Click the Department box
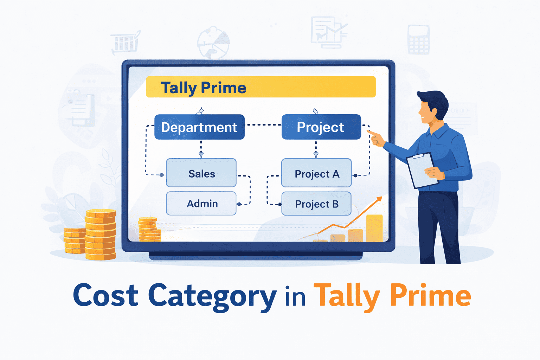[x=199, y=127]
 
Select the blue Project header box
[x=321, y=127]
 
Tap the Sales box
[x=201, y=173]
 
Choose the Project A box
[x=316, y=173]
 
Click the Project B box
[x=316, y=204]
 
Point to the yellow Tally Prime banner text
[x=203, y=88]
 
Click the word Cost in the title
[x=105, y=296]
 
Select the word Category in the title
[x=212, y=296]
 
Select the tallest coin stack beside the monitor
[x=101, y=234]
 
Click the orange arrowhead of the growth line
[x=379, y=199]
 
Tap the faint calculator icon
[x=418, y=39]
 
